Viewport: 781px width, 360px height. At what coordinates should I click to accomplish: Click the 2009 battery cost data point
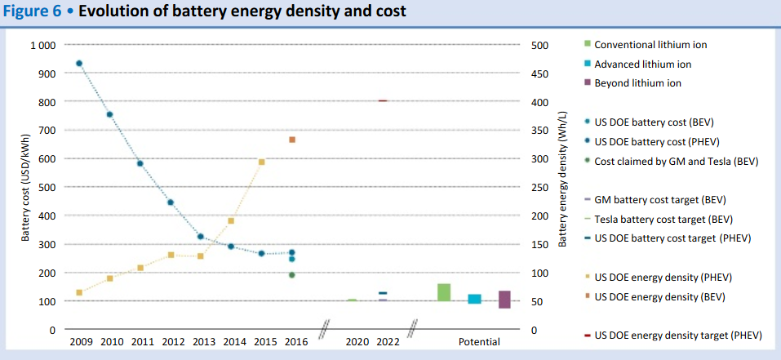(x=78, y=63)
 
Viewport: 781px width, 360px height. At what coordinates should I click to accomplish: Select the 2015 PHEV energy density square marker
(x=261, y=162)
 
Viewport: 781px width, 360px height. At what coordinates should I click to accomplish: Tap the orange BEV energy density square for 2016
(x=292, y=140)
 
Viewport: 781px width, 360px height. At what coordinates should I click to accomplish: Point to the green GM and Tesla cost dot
(x=292, y=275)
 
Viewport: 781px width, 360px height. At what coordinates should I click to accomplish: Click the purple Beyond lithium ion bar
(x=504, y=300)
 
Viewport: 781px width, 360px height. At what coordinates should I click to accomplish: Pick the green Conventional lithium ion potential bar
(x=444, y=292)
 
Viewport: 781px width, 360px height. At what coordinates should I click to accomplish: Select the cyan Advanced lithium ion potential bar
(x=474, y=299)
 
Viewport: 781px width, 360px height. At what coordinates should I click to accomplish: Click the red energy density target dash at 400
(x=383, y=100)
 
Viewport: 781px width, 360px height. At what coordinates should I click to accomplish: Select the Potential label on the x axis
(x=479, y=342)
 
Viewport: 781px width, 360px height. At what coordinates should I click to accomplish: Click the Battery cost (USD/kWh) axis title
(x=25, y=188)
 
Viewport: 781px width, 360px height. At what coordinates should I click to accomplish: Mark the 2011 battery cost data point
(x=140, y=163)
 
